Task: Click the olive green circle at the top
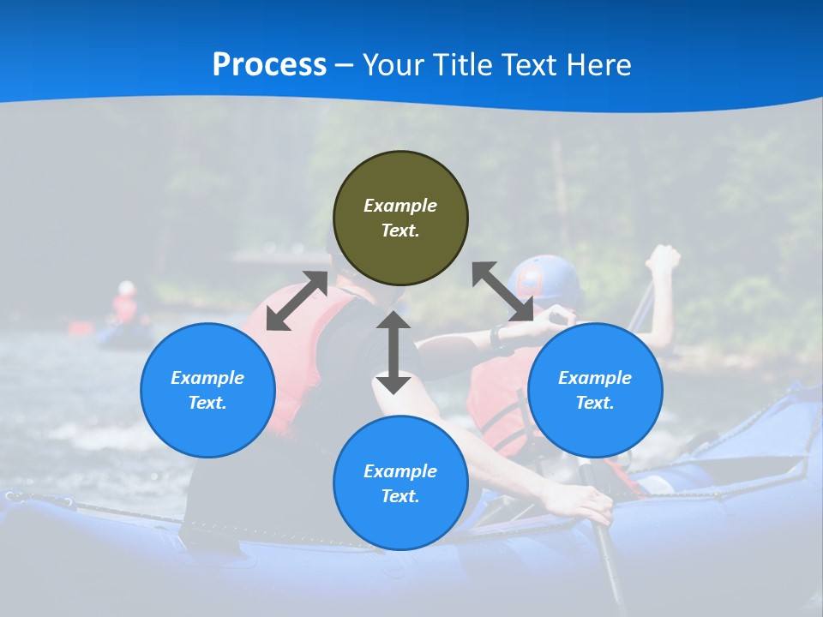click(400, 218)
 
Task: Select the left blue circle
click(207, 390)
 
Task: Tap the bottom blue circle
click(400, 482)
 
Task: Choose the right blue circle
click(595, 390)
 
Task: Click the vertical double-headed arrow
click(393, 352)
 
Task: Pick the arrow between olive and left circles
click(297, 301)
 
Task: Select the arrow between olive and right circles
click(503, 292)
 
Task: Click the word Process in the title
click(269, 64)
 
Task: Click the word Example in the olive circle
click(400, 206)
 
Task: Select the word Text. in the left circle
click(207, 403)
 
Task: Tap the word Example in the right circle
click(595, 378)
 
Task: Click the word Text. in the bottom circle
click(400, 496)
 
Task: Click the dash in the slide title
click(345, 64)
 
